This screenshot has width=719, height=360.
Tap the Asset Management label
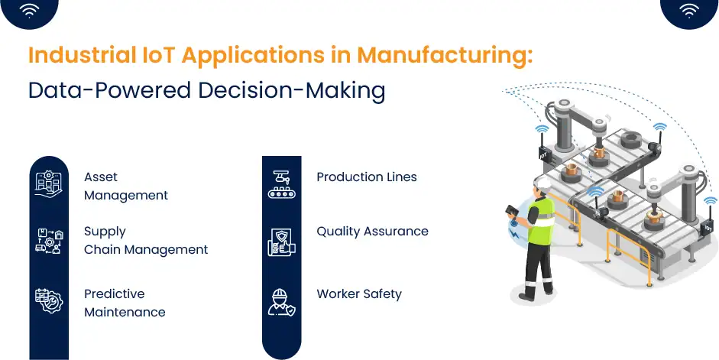(x=125, y=186)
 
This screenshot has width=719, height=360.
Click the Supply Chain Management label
(x=145, y=240)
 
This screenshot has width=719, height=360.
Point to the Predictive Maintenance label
(x=124, y=303)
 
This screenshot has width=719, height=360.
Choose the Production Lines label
(x=366, y=177)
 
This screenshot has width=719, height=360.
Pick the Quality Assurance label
(x=372, y=231)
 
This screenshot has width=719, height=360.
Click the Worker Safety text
(x=358, y=294)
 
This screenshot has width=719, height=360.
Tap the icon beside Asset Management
(x=49, y=184)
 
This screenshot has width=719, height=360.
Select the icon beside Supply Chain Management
(x=49, y=240)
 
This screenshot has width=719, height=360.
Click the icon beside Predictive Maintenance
(x=49, y=300)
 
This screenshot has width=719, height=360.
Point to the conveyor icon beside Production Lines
(x=281, y=184)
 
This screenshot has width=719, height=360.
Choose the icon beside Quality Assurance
(x=281, y=240)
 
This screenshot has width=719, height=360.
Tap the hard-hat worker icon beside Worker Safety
(x=281, y=300)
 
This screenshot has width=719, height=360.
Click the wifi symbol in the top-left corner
(x=30, y=10)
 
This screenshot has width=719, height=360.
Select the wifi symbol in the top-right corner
(x=688, y=10)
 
